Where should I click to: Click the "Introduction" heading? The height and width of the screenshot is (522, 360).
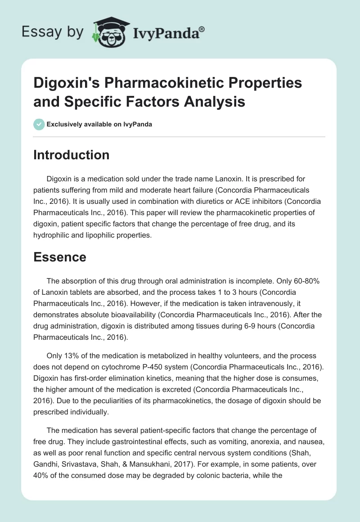pos(72,155)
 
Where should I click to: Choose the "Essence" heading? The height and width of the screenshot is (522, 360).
pos(60,257)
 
